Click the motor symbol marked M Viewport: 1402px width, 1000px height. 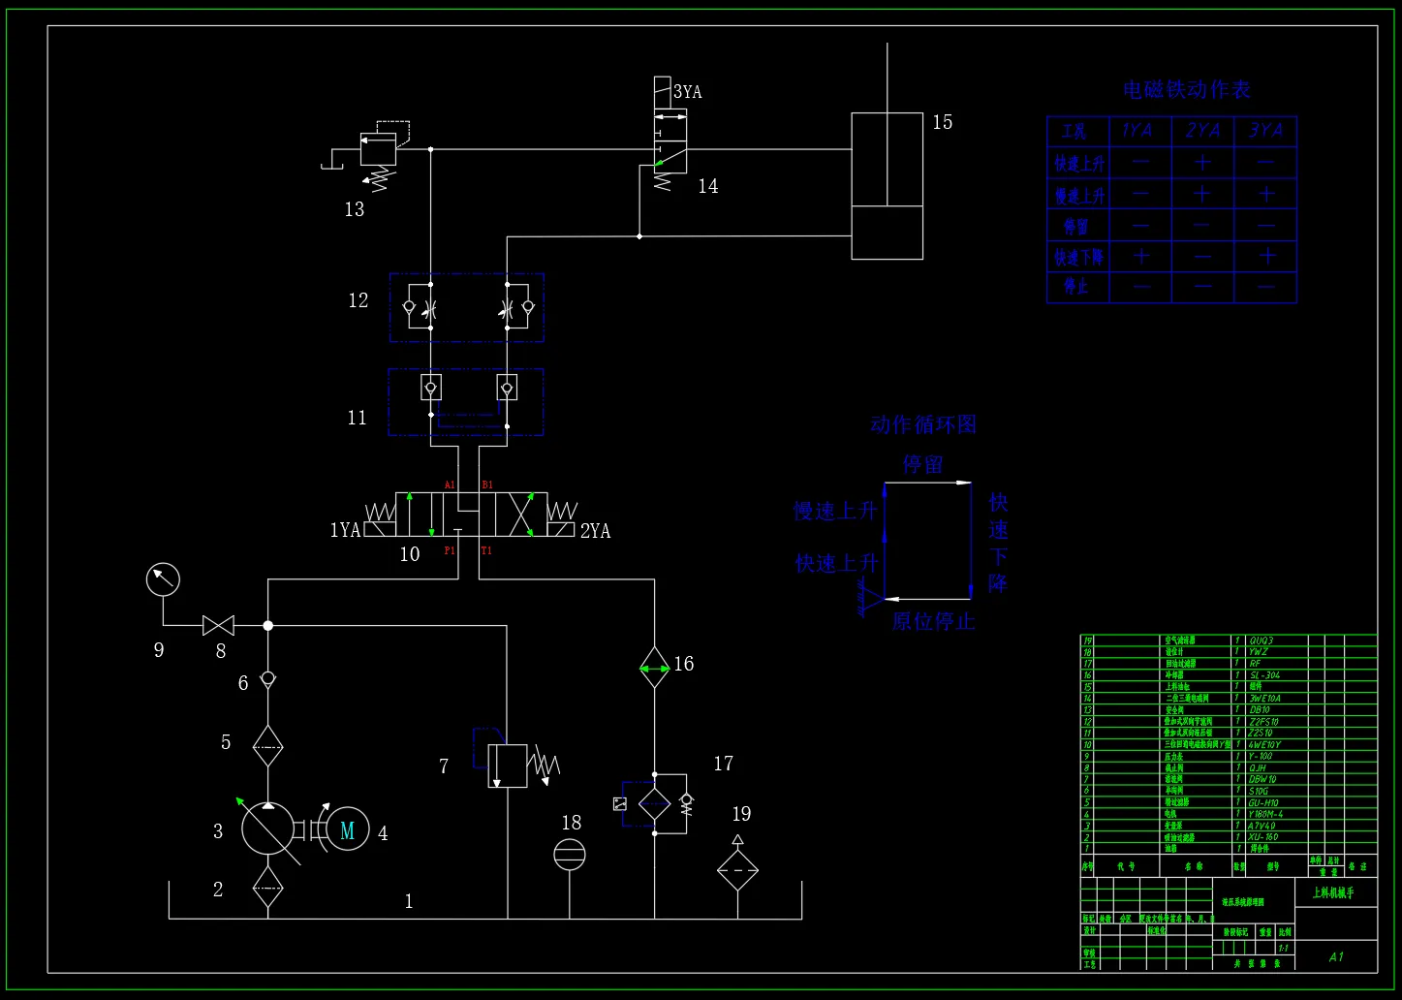click(x=347, y=829)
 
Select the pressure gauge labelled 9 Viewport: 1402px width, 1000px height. click(x=163, y=579)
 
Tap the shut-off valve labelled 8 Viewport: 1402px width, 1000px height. click(x=218, y=626)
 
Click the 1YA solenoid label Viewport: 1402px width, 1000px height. click(x=345, y=530)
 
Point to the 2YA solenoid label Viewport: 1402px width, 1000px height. click(x=595, y=531)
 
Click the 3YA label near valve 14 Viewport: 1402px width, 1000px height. click(x=687, y=92)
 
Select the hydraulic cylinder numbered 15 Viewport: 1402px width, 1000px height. click(x=887, y=186)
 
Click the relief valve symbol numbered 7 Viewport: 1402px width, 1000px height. click(x=507, y=766)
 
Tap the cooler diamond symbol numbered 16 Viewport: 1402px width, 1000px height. click(x=655, y=667)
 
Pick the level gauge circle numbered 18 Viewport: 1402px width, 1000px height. click(x=570, y=855)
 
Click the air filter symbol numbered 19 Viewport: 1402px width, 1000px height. click(x=737, y=869)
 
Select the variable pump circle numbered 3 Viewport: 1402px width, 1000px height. click(x=268, y=829)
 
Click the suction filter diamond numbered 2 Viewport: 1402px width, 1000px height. click(x=267, y=887)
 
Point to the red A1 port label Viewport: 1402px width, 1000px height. click(x=450, y=484)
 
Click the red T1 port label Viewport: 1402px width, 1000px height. click(x=486, y=550)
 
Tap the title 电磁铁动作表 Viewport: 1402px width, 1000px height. click(x=1186, y=90)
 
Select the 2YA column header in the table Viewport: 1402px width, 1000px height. click(x=1202, y=131)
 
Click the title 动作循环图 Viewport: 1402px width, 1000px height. click(x=922, y=424)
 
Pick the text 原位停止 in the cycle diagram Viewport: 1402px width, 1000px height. click(x=933, y=621)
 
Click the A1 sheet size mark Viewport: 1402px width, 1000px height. click(x=1336, y=957)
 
